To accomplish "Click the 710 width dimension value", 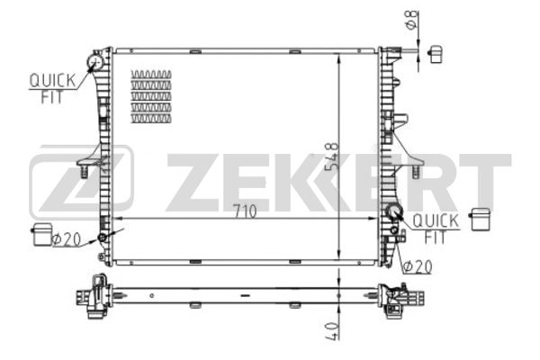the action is click(x=245, y=211).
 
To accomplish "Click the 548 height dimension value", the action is click(x=332, y=157).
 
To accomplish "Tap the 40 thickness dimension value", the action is click(x=332, y=331).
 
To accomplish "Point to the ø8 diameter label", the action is click(x=412, y=20).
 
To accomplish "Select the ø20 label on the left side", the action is click(x=67, y=238).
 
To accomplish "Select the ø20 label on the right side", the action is click(x=418, y=266).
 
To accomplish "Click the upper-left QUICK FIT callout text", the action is click(x=52, y=88).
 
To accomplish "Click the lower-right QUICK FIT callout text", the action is click(x=436, y=229).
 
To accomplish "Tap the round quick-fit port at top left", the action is click(x=94, y=62).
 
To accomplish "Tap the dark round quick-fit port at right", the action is click(x=393, y=211).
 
